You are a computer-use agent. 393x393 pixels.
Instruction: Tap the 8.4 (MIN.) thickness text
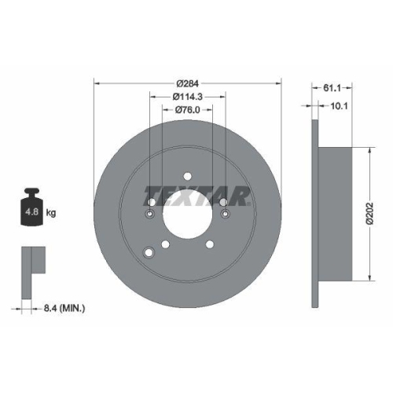pyautogui.click(x=65, y=309)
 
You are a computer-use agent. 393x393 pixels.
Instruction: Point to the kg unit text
pyautogui.click(x=51, y=211)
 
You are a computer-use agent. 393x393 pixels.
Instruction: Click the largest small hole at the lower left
pyautogui.click(x=150, y=252)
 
